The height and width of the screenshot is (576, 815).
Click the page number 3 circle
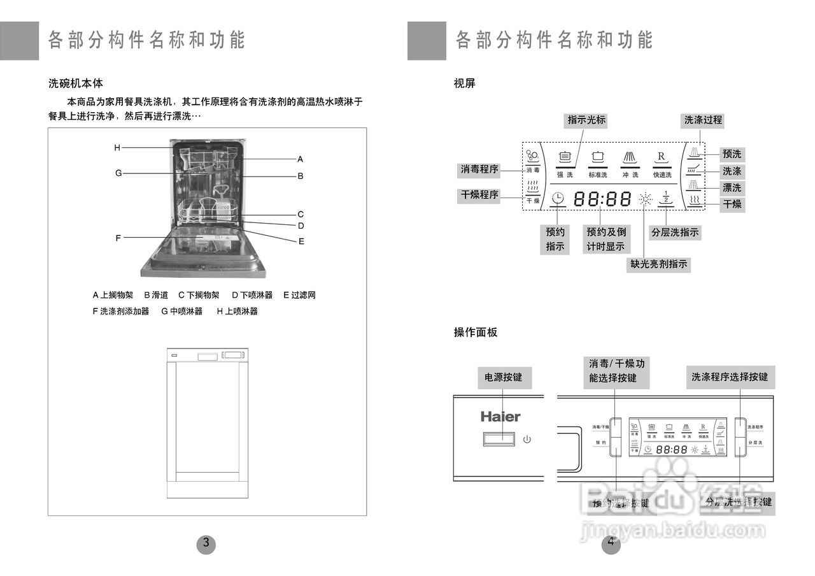pyautogui.click(x=206, y=544)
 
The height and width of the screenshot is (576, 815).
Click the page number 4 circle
pyautogui.click(x=611, y=544)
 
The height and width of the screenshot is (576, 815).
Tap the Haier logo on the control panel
pyautogui.click(x=500, y=417)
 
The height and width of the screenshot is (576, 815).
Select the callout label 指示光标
pyautogui.click(x=586, y=120)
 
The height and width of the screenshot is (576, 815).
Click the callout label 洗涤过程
pyautogui.click(x=703, y=120)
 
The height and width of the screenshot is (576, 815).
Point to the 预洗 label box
pyautogui.click(x=732, y=154)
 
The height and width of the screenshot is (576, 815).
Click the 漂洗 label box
pyautogui.click(x=732, y=188)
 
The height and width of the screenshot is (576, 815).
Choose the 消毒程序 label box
pyautogui.click(x=479, y=169)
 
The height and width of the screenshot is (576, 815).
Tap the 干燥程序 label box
pyautogui.click(x=479, y=195)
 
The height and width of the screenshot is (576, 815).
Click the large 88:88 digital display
pyautogui.click(x=602, y=199)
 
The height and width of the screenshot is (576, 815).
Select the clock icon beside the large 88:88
pyautogui.click(x=558, y=199)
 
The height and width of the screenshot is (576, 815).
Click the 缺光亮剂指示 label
pyautogui.click(x=659, y=264)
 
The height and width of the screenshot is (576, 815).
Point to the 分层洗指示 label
pyautogui.click(x=674, y=233)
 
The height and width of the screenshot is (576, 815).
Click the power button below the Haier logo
pyautogui.click(x=499, y=439)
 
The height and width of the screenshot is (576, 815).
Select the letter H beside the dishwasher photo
pyautogui.click(x=117, y=148)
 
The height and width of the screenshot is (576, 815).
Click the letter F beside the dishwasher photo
pyautogui.click(x=118, y=238)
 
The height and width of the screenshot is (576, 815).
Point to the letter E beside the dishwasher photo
pyautogui.click(x=301, y=241)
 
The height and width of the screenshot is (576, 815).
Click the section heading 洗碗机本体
pyautogui.click(x=76, y=83)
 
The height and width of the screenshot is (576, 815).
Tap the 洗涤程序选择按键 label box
pyautogui.click(x=730, y=377)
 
